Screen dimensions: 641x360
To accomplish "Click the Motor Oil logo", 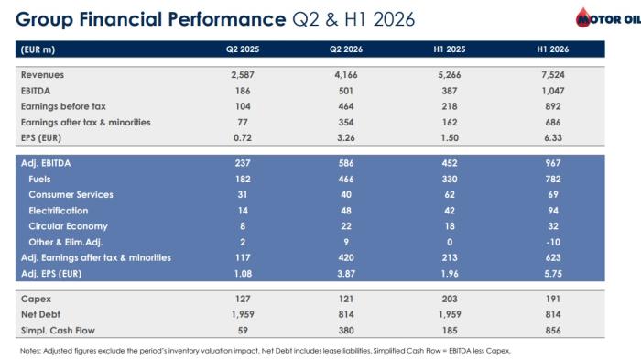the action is pyautogui.click(x=608, y=18).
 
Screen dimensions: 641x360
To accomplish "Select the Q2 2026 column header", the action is pyautogui.click(x=346, y=49).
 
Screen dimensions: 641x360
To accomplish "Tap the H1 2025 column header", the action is pyautogui.click(x=450, y=49).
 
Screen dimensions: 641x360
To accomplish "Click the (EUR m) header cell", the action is pyautogui.click(x=38, y=49).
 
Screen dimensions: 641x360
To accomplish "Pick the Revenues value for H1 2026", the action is pyautogui.click(x=553, y=75).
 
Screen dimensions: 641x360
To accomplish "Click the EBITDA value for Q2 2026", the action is pyautogui.click(x=346, y=91).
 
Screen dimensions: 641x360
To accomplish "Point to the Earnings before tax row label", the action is pyautogui.click(x=63, y=106).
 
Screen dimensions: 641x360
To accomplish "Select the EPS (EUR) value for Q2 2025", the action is pyautogui.click(x=243, y=138).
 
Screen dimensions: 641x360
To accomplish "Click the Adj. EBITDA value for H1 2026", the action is pyautogui.click(x=553, y=163).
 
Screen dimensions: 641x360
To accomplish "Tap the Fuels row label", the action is pyautogui.click(x=39, y=180).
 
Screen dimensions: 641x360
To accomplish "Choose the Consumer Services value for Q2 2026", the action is pyautogui.click(x=346, y=195).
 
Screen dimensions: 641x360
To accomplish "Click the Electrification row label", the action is pyautogui.click(x=59, y=211).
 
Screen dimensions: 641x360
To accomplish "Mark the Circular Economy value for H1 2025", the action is pyautogui.click(x=450, y=226).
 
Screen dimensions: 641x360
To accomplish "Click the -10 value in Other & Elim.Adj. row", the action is pyautogui.click(x=553, y=242).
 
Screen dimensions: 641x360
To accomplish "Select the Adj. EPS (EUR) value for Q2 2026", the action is pyautogui.click(x=346, y=274).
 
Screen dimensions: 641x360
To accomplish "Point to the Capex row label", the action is pyautogui.click(x=36, y=299).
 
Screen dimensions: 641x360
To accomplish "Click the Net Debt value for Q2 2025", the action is pyautogui.click(x=243, y=314).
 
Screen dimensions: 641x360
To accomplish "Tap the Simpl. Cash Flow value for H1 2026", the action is pyautogui.click(x=553, y=331).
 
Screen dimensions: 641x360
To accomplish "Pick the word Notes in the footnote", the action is pyautogui.click(x=30, y=351).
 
